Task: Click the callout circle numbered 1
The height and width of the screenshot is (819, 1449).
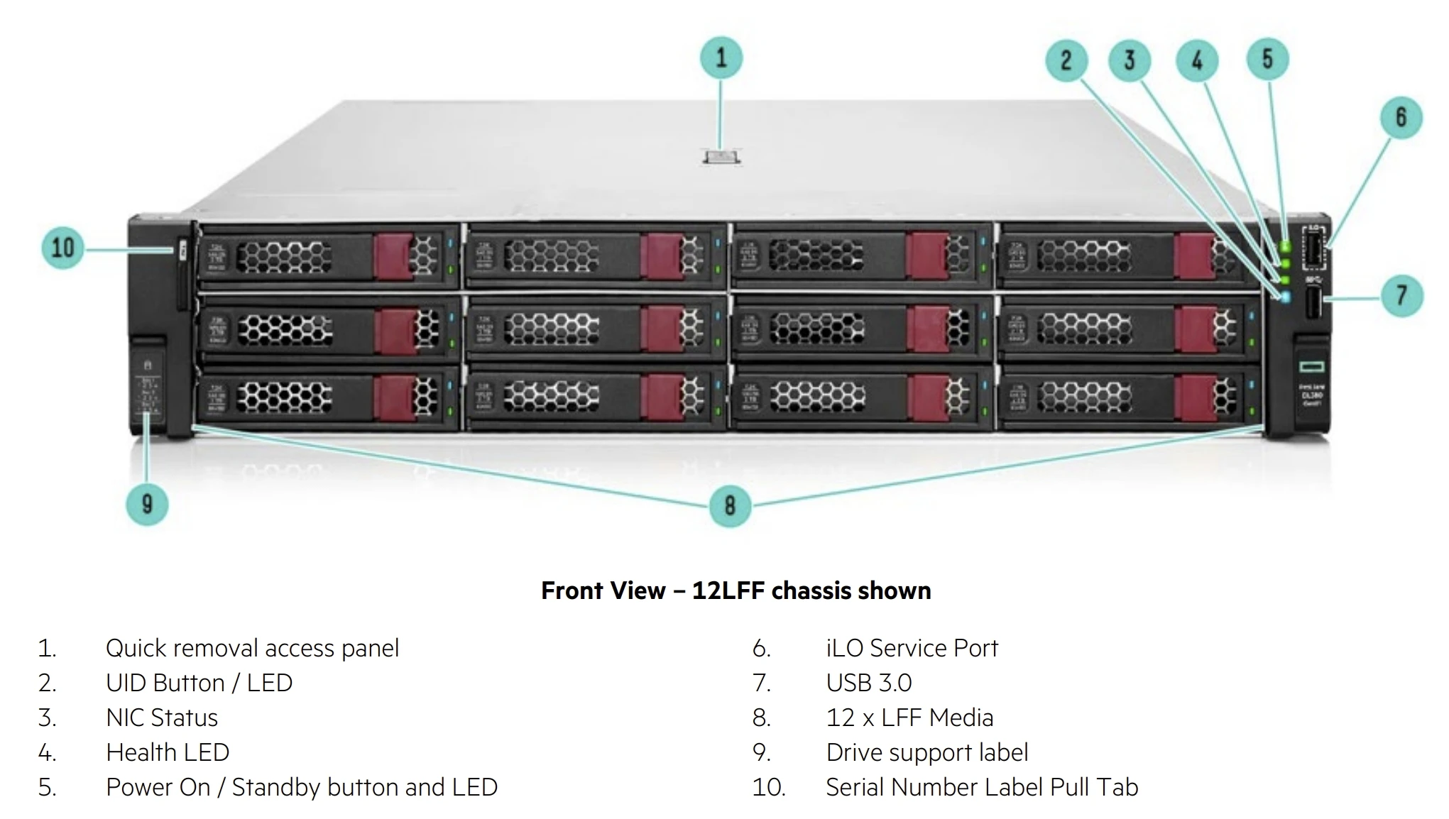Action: coord(721,57)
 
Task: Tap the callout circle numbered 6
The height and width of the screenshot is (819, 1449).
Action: coord(1401,118)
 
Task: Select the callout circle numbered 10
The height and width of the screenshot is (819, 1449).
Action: coord(62,248)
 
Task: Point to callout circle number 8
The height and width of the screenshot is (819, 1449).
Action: coord(730,505)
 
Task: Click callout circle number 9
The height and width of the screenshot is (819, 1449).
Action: coord(147,504)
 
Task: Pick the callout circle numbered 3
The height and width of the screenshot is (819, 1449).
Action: coord(1130,60)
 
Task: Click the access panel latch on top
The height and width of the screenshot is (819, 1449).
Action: coord(721,157)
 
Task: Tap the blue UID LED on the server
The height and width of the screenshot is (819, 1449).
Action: coord(1284,297)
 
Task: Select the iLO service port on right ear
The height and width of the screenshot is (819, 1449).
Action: coord(1313,248)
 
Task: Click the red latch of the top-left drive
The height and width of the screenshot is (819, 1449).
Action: coord(393,256)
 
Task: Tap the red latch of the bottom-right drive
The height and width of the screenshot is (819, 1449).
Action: coord(1194,398)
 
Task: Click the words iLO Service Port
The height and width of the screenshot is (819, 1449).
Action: coord(912,648)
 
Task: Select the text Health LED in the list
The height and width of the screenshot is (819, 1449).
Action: coord(168,752)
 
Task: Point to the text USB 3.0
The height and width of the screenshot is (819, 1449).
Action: coord(868,683)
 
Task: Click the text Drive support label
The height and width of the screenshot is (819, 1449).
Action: coord(926,752)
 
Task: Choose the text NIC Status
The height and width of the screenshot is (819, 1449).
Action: coord(162,718)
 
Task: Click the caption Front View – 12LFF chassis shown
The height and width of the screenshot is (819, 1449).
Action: coord(736,590)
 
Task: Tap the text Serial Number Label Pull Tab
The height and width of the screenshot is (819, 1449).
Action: coord(981,787)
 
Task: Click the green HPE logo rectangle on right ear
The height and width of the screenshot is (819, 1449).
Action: coord(1311,366)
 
